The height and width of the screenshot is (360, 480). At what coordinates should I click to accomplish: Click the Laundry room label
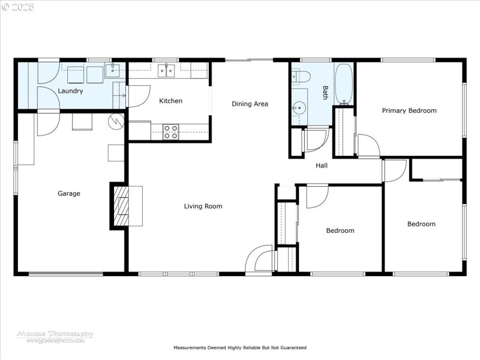70,91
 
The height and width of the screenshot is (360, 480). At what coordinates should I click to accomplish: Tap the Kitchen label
170,101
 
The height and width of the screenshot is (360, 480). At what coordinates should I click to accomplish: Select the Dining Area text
250,104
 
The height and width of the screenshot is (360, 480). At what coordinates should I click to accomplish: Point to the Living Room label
203,206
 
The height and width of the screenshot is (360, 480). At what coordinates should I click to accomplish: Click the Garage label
68,194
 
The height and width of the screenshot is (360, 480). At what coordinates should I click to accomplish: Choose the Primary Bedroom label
409,110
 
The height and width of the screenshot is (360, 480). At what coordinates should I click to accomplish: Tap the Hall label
322,166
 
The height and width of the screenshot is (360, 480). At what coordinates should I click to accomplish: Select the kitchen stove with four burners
170,131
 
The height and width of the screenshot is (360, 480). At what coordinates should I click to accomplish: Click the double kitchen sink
166,71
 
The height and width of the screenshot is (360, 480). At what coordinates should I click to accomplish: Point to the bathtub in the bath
344,83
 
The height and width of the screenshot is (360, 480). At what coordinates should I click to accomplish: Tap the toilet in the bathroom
301,76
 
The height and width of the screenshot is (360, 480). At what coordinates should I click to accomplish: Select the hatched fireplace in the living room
123,206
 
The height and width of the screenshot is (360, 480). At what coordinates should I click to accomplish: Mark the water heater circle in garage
115,121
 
